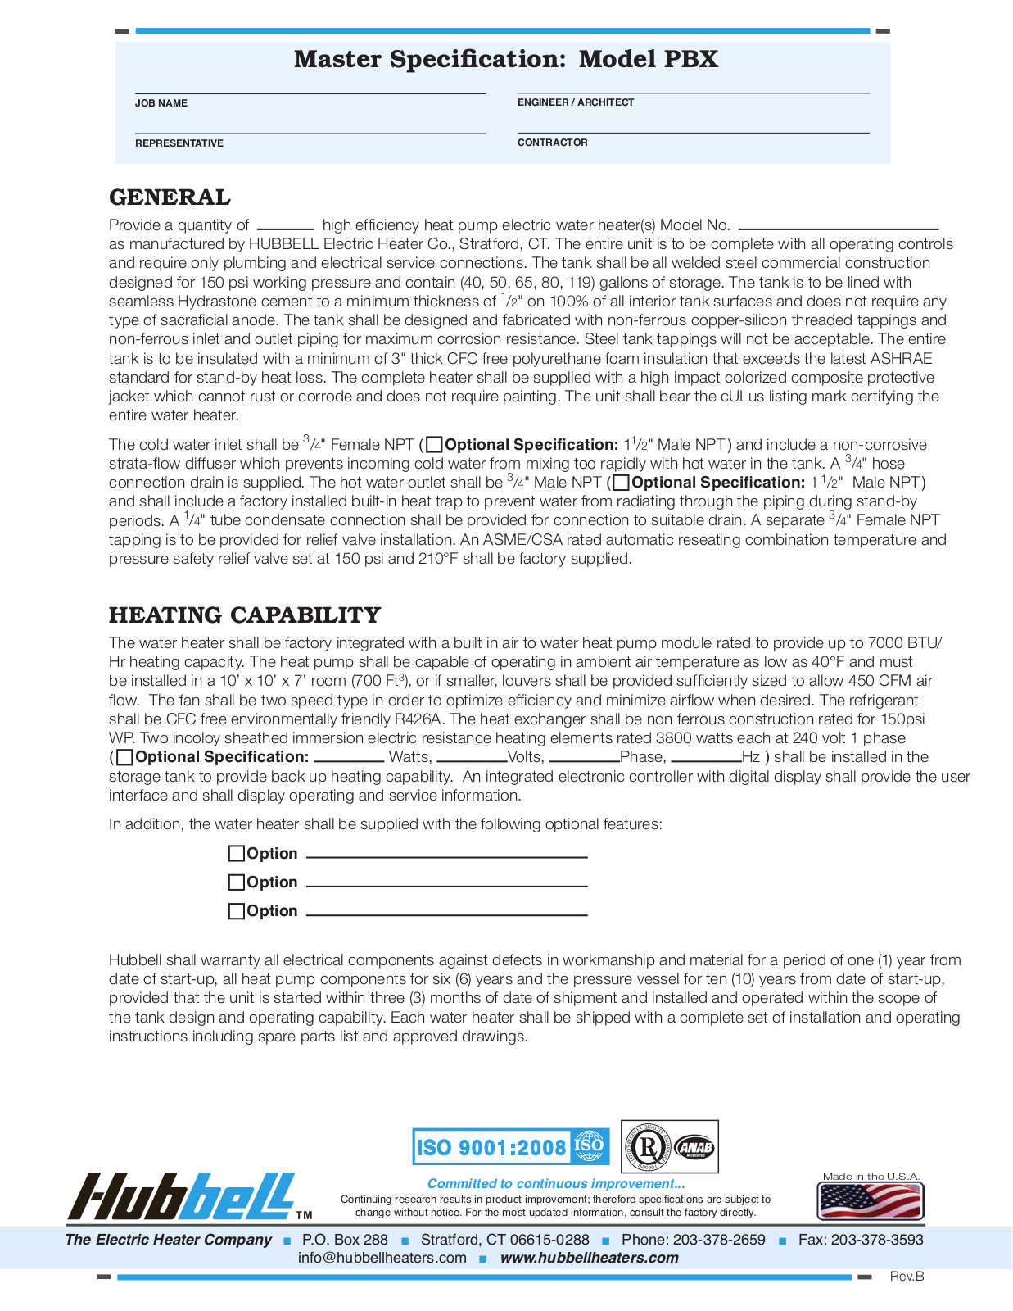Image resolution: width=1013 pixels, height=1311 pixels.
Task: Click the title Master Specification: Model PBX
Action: (506, 59)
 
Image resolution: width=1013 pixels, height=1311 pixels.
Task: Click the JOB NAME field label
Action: (161, 103)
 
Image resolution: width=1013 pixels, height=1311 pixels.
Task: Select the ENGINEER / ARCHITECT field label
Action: (576, 102)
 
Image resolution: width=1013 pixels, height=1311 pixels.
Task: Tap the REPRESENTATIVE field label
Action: (179, 143)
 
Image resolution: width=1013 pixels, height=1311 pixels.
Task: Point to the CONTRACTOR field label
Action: (553, 143)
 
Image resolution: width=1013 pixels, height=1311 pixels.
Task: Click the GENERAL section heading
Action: (170, 197)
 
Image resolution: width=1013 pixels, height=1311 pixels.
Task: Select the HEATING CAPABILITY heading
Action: (245, 615)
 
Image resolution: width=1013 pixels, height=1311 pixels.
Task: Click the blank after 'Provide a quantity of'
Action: (285, 226)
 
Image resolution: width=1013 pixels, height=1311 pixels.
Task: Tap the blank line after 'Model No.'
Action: (838, 227)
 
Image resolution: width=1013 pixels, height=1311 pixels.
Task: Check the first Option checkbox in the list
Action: (237, 854)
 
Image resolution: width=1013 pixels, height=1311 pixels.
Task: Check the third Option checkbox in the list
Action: (237, 911)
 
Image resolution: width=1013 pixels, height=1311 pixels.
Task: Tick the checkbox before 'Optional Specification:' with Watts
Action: (124, 758)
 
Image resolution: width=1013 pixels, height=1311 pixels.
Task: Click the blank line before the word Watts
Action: (349, 759)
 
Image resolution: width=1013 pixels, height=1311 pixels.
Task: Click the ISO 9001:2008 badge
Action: (510, 1146)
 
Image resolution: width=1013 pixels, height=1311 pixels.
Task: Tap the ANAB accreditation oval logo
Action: (696, 1147)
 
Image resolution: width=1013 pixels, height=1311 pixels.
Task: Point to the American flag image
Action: (871, 1201)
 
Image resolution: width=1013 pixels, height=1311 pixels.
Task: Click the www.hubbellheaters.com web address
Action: (590, 1258)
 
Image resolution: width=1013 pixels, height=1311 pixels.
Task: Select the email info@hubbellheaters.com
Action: (382, 1258)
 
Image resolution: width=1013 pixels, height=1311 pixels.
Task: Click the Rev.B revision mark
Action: (907, 1277)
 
